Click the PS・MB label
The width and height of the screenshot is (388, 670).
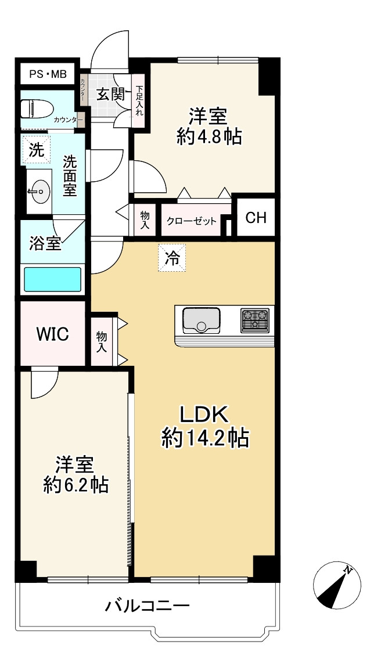tap(48, 74)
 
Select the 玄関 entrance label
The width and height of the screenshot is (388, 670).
tap(109, 94)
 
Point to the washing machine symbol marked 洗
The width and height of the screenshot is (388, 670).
tap(37, 149)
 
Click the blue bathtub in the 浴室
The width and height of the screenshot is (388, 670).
tap(52, 279)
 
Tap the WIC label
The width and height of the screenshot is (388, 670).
tap(52, 334)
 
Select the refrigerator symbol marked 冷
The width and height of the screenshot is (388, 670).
tap(172, 258)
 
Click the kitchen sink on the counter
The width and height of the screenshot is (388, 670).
tap(201, 320)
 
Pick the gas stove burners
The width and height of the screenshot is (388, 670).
tap(255, 320)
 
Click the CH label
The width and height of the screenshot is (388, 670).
tap(256, 218)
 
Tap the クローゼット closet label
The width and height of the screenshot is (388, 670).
tap(192, 221)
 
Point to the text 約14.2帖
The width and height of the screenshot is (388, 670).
tap(204, 438)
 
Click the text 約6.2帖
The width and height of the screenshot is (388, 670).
tap(76, 485)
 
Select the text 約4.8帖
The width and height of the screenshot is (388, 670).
tap(209, 137)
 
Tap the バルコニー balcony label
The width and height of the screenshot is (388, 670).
tap(148, 606)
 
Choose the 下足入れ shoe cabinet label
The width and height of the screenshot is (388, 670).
tap(139, 100)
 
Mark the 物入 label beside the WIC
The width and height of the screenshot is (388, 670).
tap(102, 342)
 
